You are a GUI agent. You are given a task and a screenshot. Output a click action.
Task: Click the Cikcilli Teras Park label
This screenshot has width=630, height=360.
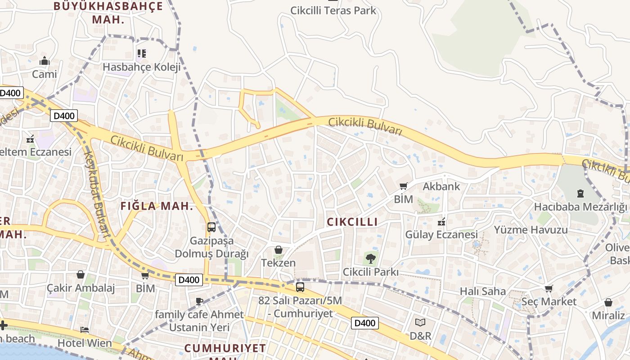point(333,10)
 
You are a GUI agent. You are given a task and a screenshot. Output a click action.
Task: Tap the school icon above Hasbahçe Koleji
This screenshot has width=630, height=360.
point(142,54)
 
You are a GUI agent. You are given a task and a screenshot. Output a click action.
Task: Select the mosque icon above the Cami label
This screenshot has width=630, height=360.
point(45,61)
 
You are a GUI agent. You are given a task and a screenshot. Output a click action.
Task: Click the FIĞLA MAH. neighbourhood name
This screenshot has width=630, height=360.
point(157,207)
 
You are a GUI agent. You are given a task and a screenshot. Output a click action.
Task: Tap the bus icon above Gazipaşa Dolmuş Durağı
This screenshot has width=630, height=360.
point(211,227)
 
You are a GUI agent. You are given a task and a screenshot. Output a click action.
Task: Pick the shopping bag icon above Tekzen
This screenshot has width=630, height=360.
point(279,250)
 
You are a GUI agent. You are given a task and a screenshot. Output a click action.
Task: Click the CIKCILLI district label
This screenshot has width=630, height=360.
point(352,222)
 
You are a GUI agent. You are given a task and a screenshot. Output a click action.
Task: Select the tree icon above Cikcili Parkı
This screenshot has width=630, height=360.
point(370,259)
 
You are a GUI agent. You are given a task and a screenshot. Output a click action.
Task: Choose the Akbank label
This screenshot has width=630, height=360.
point(441,186)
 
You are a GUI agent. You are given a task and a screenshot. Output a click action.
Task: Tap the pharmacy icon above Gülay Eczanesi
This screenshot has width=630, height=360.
point(441,221)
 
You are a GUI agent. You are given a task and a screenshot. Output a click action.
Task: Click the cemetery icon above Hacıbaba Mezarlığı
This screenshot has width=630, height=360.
point(580,193)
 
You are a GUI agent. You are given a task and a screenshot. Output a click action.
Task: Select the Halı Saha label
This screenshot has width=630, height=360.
point(483,291)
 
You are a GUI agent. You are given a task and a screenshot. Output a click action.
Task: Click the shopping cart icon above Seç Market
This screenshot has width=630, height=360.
point(549,288)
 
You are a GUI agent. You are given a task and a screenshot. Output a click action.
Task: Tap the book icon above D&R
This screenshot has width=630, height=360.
point(420,322)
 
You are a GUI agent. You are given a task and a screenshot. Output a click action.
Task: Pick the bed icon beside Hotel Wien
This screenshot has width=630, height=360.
point(85,330)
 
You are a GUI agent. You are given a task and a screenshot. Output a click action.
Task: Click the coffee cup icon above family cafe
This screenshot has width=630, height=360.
point(199,301)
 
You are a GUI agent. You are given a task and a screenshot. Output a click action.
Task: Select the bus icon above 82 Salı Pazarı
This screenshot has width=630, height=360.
point(300,287)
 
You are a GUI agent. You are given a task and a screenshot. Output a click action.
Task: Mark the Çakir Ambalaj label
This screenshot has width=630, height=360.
point(81,288)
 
